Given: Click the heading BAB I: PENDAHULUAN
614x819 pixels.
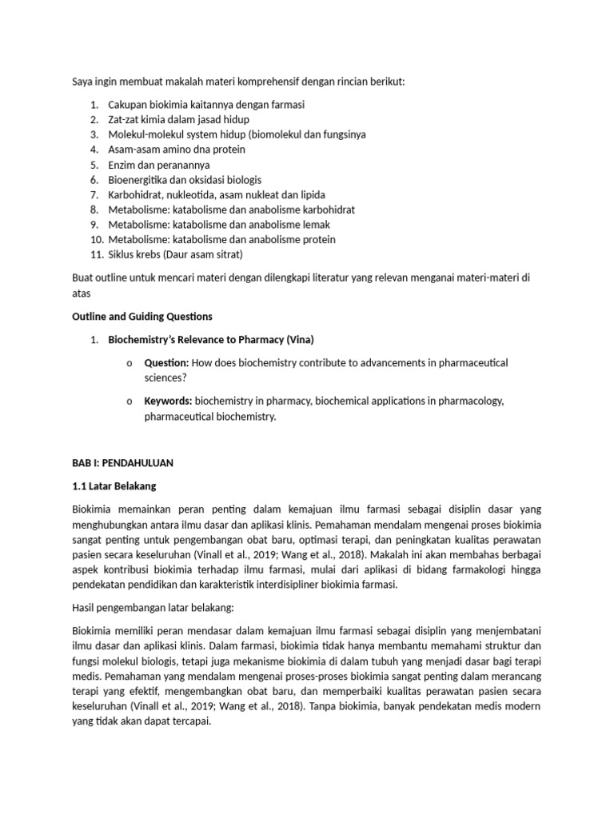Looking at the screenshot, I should point(123,463).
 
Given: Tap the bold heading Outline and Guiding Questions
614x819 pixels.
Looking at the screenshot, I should point(142,317).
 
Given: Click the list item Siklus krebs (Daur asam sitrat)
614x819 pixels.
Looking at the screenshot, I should point(175,254).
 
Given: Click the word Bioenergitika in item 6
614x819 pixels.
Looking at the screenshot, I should point(138,180).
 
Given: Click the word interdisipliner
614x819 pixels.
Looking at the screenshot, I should point(315,585).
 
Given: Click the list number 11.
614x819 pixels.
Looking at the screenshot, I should point(96,254).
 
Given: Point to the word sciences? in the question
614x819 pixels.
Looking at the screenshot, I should point(166,378).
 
